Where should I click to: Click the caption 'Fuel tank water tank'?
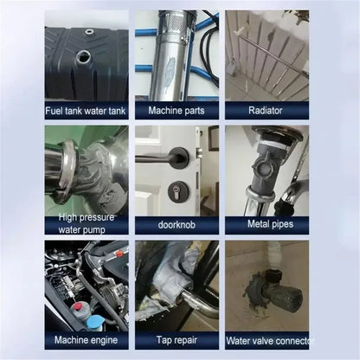(87, 110)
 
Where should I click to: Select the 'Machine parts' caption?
(177, 110)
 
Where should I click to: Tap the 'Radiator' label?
(267, 110)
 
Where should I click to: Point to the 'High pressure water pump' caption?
(87, 224)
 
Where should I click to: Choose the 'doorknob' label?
(177, 224)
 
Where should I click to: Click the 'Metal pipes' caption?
(267, 224)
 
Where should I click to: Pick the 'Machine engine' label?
(87, 340)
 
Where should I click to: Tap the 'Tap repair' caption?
(177, 340)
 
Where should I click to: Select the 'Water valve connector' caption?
(267, 340)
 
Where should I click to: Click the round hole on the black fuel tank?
(84, 58)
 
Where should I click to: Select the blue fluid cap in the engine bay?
(94, 319)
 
